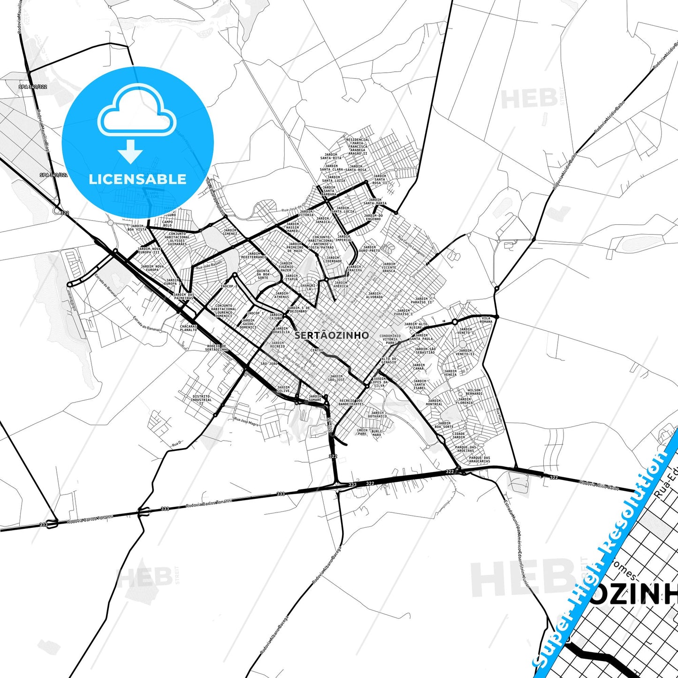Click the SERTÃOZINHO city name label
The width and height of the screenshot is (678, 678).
click(332, 335)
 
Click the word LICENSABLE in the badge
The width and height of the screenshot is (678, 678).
click(137, 179)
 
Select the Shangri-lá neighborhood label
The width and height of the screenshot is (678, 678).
click(308, 287)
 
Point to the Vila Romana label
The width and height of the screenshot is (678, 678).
click(486, 320)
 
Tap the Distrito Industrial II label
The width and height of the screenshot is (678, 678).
click(201, 399)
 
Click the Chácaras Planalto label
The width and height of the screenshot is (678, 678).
click(188, 328)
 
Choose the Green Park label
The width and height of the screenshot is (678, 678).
click(362, 432)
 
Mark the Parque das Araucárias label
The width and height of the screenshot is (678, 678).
click(479, 459)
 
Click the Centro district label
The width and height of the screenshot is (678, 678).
click(317, 350)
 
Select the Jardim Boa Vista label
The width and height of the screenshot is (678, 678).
click(137, 228)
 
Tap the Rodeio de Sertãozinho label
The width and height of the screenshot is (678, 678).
click(217, 348)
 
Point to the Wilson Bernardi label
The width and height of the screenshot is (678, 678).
click(474, 392)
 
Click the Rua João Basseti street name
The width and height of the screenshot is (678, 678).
click(209, 265)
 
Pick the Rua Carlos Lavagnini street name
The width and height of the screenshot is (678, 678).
click(411, 246)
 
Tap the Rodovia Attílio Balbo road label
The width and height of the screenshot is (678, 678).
click(599, 485)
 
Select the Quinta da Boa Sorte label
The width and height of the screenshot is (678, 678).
click(263, 274)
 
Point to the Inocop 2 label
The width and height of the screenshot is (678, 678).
click(229, 286)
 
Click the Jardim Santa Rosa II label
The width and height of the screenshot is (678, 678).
click(380, 179)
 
